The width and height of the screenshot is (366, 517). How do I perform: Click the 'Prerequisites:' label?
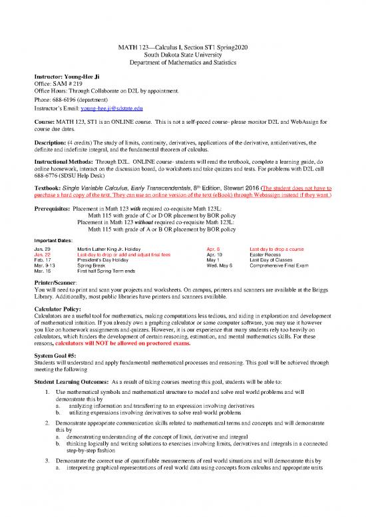51,208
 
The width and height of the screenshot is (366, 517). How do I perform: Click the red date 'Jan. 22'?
42,254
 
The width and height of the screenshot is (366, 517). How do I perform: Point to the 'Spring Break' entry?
93,266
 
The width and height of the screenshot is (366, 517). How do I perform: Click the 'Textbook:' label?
49,189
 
